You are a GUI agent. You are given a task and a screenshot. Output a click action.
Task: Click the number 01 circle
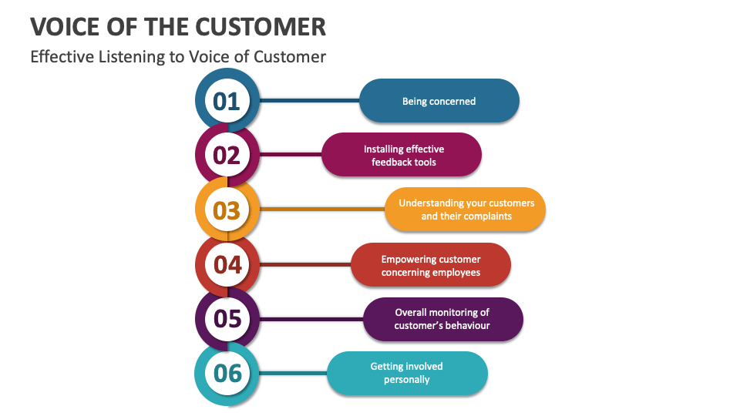click(x=227, y=101)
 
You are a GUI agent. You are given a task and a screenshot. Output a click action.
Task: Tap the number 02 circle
click(x=227, y=155)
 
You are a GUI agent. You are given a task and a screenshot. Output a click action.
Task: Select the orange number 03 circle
click(x=227, y=210)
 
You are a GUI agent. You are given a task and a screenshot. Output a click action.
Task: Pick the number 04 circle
click(x=227, y=264)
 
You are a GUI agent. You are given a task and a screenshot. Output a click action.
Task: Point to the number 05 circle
click(x=227, y=318)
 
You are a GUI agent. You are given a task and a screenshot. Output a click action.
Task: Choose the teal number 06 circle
click(x=227, y=373)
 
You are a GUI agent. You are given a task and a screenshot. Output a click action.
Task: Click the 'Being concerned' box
click(x=439, y=101)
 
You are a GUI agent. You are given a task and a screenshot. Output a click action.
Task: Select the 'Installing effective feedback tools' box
click(x=401, y=155)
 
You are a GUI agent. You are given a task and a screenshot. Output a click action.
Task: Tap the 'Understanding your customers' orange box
click(x=465, y=210)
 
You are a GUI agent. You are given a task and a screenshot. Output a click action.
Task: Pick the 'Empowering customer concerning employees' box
click(x=430, y=265)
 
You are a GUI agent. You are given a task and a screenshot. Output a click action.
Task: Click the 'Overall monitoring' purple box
click(x=442, y=319)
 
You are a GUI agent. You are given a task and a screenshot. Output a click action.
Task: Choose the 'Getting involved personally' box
click(x=407, y=373)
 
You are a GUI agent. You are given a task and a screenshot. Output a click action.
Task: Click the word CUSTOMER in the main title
click(x=262, y=27)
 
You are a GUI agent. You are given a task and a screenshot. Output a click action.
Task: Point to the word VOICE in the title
click(x=66, y=27)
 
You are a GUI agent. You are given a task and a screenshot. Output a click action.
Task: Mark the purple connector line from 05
click(x=312, y=319)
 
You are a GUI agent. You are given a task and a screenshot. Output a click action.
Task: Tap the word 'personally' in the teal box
click(x=407, y=380)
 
